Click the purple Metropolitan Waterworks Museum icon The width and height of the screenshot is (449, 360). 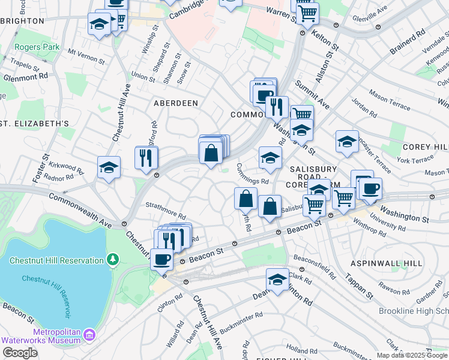pos(89,334)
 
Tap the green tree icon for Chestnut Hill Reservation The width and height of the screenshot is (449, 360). pos(112,259)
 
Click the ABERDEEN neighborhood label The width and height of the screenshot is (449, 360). pos(176,103)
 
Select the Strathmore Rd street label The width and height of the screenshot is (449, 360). pos(166,213)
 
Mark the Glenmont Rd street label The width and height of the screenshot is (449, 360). pos(25,77)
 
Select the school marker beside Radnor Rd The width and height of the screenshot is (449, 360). pos(109,167)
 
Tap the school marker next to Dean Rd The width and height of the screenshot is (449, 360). pos(277,280)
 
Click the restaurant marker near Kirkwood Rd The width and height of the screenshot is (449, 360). pos(146,157)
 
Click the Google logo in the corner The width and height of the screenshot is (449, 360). pos(20,353)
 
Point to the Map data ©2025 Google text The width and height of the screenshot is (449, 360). pos(412,355)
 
